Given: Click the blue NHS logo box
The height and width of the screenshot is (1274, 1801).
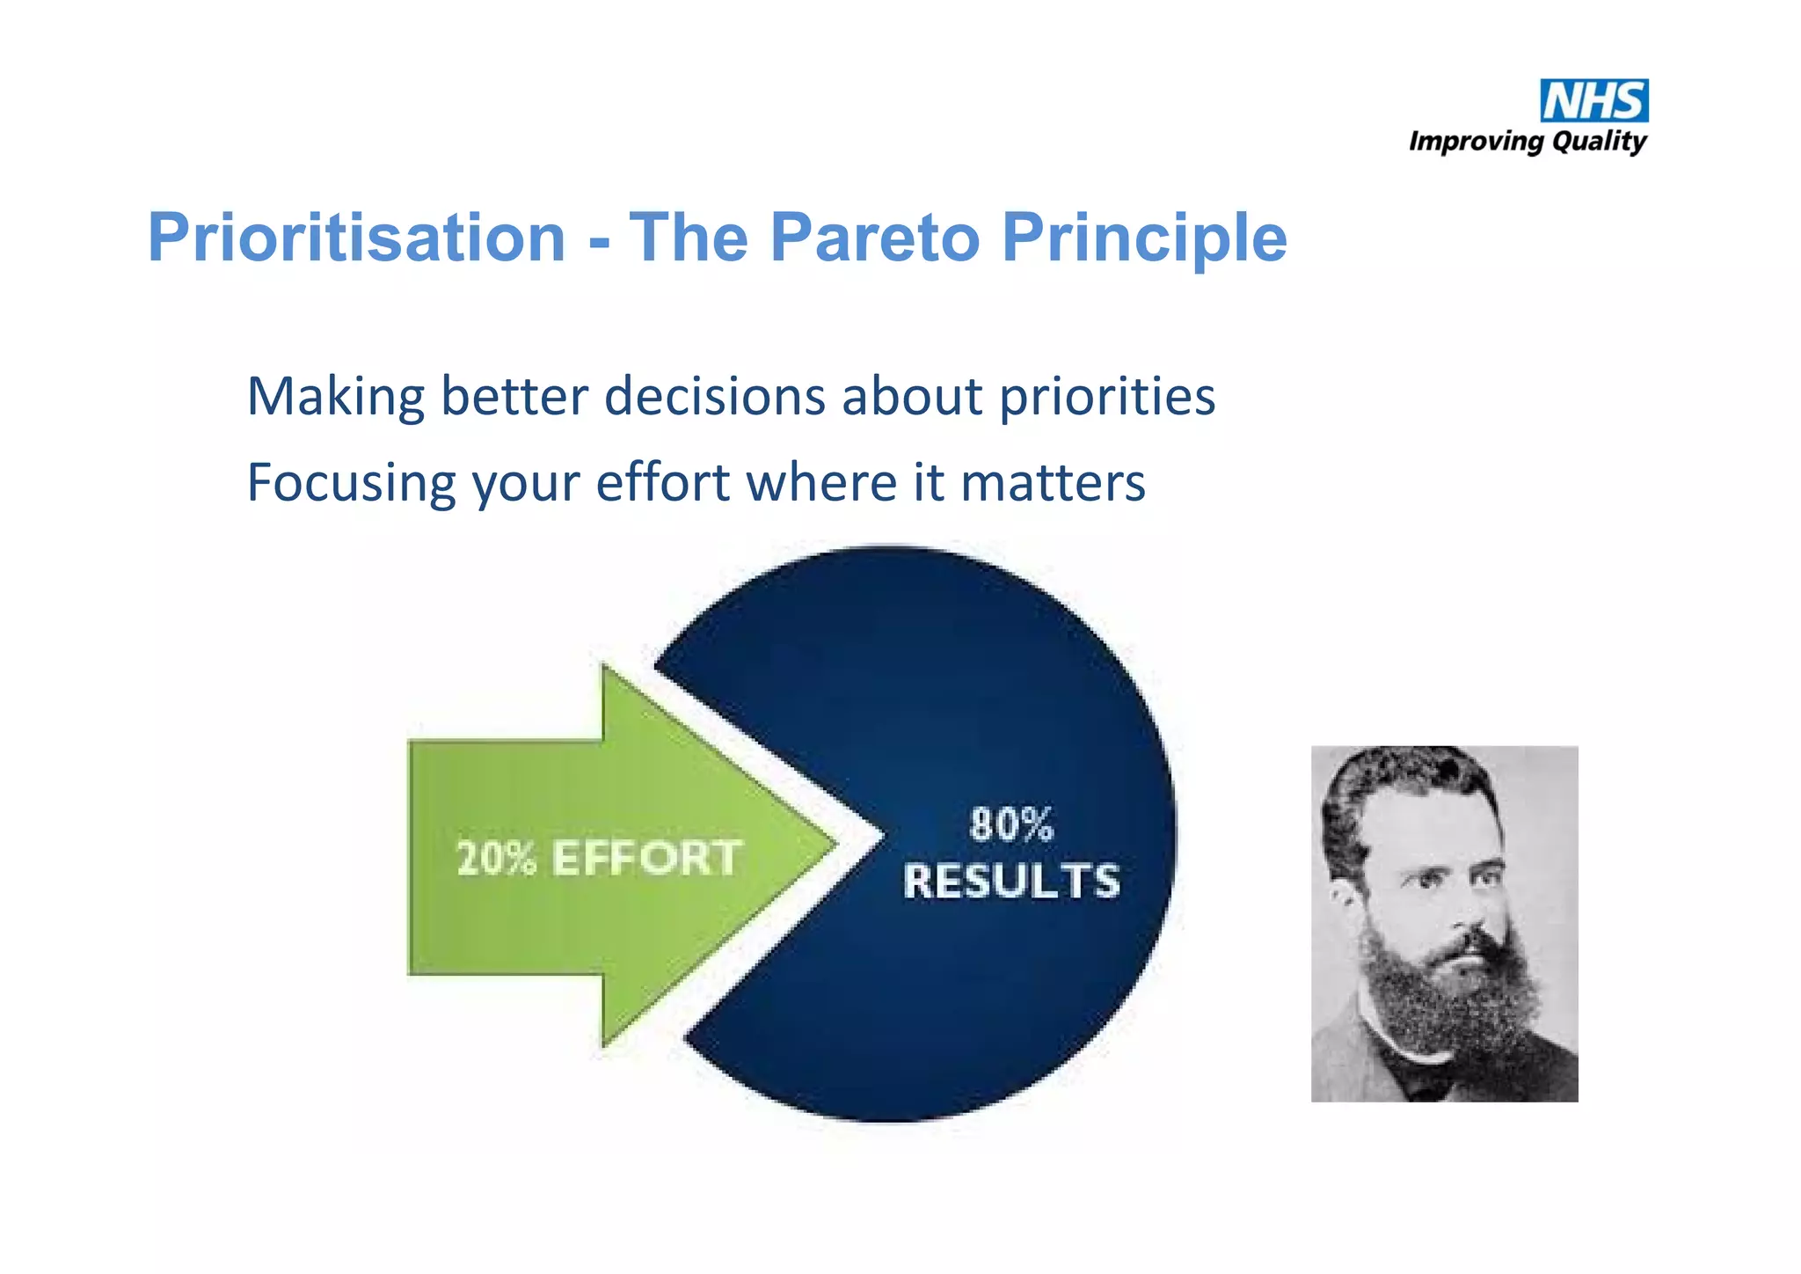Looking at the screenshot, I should point(1593,101).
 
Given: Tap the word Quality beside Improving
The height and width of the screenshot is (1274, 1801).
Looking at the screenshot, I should point(1599,142).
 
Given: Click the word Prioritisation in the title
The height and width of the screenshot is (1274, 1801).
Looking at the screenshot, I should point(356,238).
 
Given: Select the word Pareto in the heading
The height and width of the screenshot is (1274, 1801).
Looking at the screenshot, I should point(874,238).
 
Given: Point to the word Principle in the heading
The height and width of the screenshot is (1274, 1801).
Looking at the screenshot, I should point(1144,238).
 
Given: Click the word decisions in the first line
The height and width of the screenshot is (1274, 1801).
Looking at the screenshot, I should point(714,397).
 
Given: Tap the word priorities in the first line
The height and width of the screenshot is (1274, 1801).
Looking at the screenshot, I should point(1107,397).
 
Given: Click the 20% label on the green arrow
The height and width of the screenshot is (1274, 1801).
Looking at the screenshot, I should point(496,858).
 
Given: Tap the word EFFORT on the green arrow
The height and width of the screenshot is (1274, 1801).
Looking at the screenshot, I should point(647,858).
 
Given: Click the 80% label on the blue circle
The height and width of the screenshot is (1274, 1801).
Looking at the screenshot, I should point(1011,824).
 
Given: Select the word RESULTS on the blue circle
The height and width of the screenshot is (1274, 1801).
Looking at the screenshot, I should point(1011,881).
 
